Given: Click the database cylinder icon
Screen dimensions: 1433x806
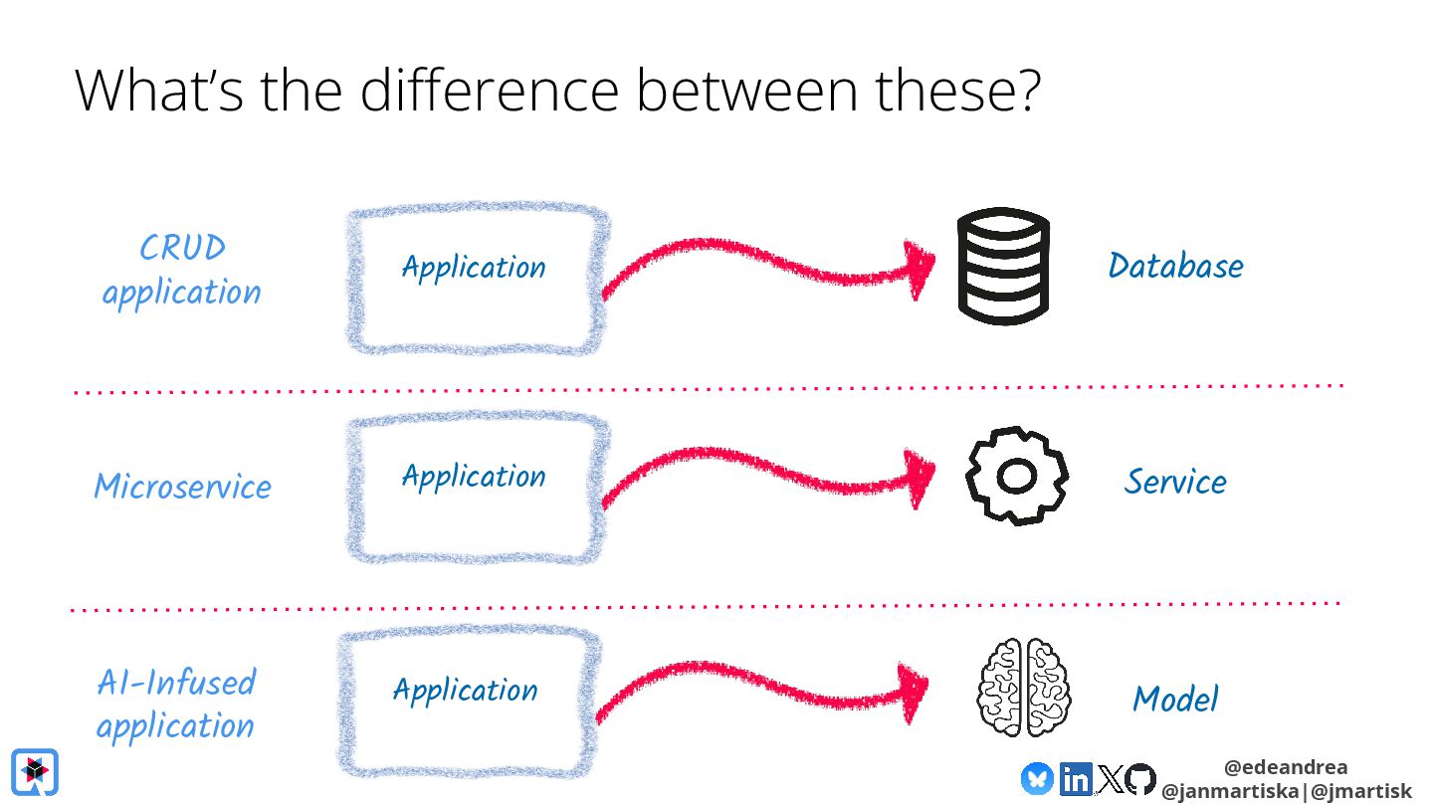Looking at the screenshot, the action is [x=1003, y=266].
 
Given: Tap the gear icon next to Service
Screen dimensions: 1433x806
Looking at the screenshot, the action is [x=1016, y=477].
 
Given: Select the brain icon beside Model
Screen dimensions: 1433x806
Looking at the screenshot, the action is [x=1023, y=688].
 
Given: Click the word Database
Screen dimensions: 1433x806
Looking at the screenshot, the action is [x=1175, y=266].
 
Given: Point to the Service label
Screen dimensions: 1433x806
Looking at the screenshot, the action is [x=1175, y=482].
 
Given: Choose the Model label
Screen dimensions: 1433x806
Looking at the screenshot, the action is [x=1174, y=699].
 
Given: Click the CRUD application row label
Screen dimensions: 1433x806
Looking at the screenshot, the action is [x=181, y=270].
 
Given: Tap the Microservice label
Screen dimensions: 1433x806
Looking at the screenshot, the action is [x=182, y=487].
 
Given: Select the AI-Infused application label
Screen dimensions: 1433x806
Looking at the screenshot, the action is [x=176, y=704].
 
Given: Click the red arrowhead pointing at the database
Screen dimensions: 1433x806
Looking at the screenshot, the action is [x=920, y=269].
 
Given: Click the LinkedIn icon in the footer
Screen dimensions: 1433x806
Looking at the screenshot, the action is [x=1075, y=779].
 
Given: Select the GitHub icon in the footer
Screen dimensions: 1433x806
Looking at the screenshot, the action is [x=1140, y=779].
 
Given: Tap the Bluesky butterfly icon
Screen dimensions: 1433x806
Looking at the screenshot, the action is [x=1037, y=778].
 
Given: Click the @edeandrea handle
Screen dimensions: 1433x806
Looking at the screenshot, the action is [x=1286, y=767].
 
